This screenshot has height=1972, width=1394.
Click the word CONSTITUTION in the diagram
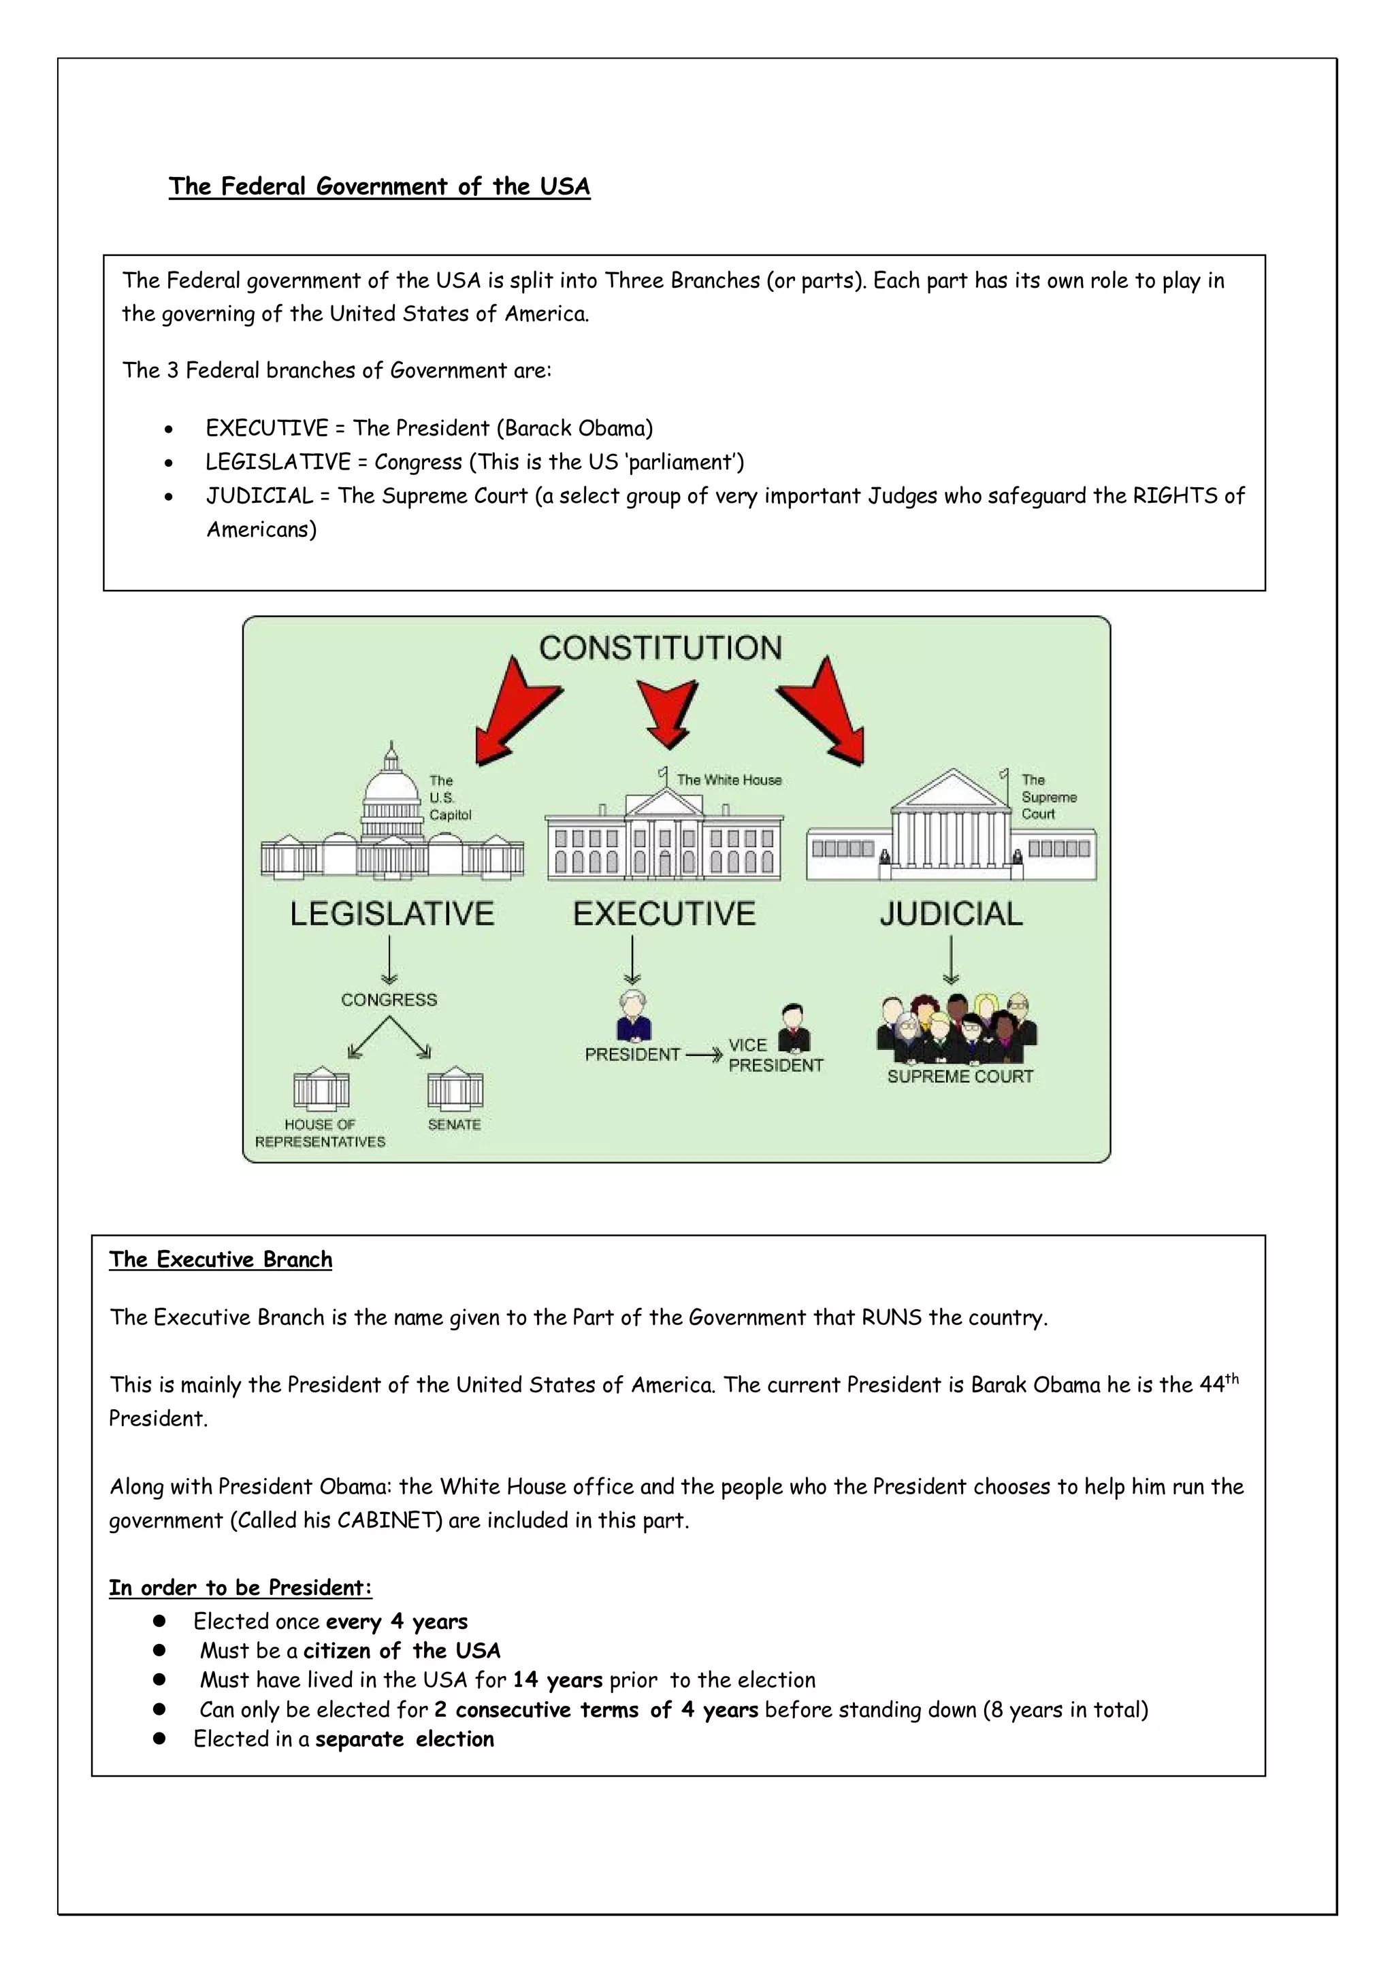point(660,648)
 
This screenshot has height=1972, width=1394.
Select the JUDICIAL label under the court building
point(951,914)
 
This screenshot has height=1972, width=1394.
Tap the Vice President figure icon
point(794,1028)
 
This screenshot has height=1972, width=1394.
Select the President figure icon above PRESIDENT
point(634,1016)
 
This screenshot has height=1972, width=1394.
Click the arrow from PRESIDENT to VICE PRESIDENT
point(703,1055)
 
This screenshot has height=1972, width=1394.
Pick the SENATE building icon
point(455,1088)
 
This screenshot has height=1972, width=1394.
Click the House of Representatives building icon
point(321,1089)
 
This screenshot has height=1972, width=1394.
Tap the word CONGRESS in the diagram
point(389,1000)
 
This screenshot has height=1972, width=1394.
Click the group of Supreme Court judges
point(957,1029)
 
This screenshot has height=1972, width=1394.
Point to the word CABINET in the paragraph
point(389,1520)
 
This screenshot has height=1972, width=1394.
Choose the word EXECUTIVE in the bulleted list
point(266,429)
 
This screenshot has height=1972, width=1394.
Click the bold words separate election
point(404,1739)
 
